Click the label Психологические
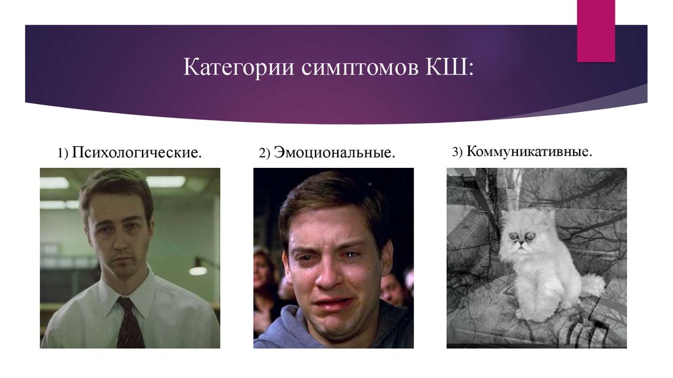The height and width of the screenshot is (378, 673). click(137, 153)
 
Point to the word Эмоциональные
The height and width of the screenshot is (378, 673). click(335, 153)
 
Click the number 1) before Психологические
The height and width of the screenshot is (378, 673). click(63, 153)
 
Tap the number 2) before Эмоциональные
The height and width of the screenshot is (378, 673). click(265, 153)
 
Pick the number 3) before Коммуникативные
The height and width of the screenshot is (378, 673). click(457, 152)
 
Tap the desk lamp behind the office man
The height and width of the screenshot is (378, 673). click(198, 269)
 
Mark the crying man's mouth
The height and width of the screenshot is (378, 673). click(333, 304)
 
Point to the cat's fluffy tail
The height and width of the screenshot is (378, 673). click(593, 285)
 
